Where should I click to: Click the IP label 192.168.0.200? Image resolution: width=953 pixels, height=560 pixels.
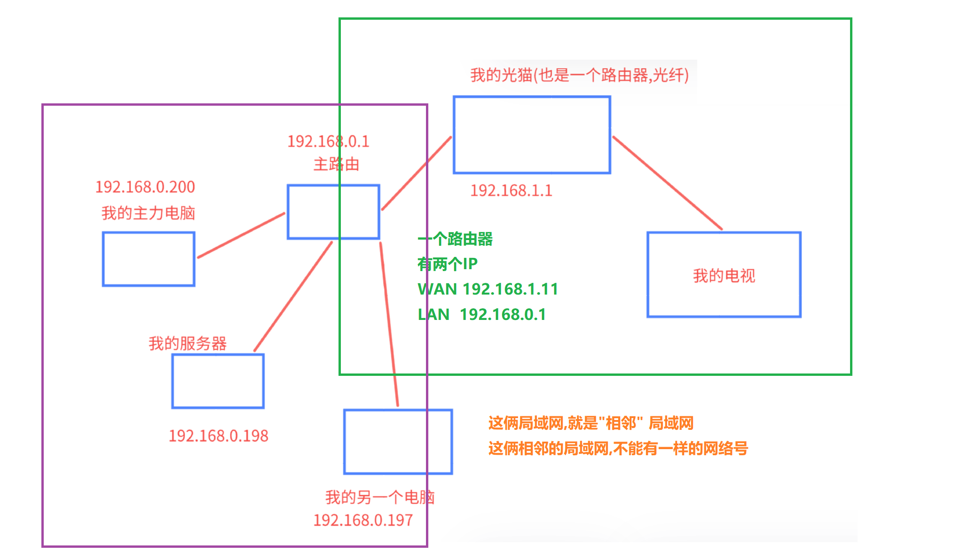coord(145,187)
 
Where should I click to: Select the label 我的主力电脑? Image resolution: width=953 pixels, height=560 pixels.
coord(148,213)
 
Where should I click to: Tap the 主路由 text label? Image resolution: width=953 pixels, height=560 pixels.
coord(336,164)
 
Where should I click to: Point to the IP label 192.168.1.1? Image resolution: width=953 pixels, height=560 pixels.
coord(511,191)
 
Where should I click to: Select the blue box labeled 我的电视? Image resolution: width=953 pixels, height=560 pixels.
coord(724,275)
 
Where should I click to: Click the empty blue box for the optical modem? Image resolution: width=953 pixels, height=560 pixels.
coord(532,135)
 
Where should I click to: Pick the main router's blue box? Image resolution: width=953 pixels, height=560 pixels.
coord(333,212)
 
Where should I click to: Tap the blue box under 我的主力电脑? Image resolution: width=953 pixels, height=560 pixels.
coord(149,259)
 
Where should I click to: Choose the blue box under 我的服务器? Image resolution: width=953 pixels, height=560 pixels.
coord(218,381)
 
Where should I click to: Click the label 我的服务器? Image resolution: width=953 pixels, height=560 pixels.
coord(188,343)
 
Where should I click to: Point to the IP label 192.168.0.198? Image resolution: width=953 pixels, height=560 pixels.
coord(218,436)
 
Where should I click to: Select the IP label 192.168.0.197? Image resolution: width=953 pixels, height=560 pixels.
coord(363,520)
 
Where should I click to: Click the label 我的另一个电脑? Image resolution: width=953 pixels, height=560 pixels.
coord(379,497)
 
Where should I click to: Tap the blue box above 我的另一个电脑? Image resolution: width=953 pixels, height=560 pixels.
coord(398,442)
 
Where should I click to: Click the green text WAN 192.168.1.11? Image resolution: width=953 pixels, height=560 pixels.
coord(488,289)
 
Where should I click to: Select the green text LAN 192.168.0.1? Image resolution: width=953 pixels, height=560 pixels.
coord(481,314)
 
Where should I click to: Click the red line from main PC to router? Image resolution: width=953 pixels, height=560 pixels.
coord(241,235)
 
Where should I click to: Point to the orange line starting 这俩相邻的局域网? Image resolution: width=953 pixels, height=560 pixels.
coord(618,449)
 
